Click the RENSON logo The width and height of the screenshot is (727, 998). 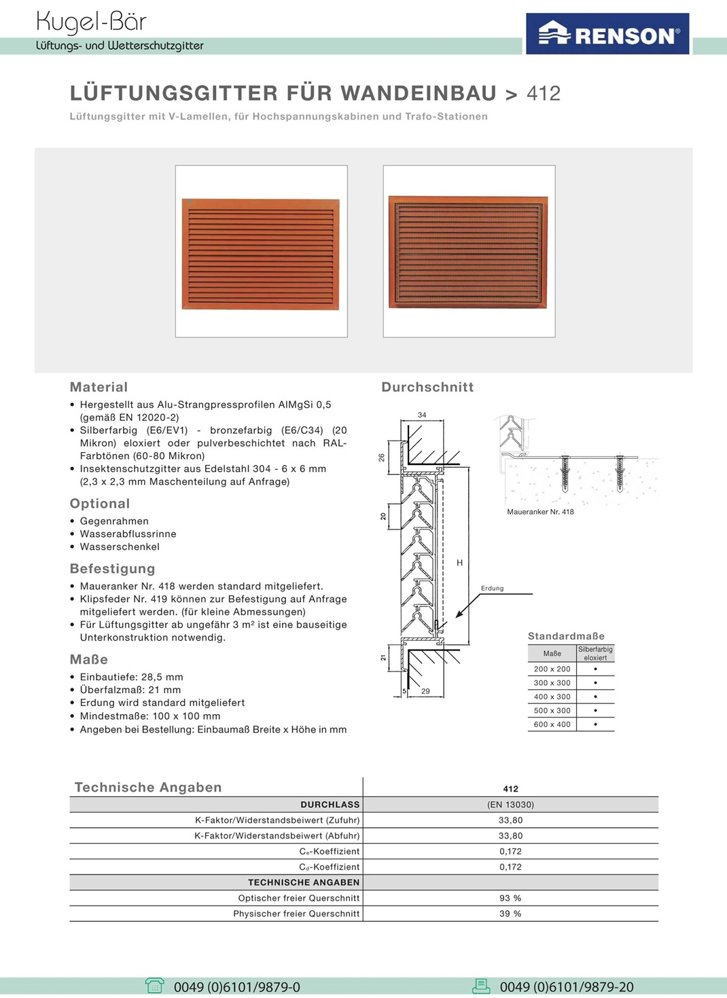tap(608, 34)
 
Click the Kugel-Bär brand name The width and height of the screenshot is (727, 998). tap(91, 22)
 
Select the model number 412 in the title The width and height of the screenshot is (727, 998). tap(544, 93)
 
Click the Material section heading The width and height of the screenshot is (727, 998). tap(99, 387)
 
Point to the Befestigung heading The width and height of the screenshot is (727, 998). tap(112, 569)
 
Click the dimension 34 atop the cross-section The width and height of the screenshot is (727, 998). tap(422, 415)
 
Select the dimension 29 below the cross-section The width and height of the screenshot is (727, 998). tap(425, 691)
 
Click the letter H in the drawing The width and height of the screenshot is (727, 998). tap(460, 563)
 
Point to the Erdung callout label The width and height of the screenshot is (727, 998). tap(492, 589)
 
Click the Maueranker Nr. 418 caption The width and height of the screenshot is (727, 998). tap(540, 512)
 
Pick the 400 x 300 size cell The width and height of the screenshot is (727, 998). tap(552, 697)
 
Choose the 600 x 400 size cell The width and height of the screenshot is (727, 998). tap(552, 724)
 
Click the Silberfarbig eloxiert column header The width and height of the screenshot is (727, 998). tap(595, 653)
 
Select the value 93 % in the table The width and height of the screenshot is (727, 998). tap(510, 898)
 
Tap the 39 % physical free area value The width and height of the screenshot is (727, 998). tap(510, 914)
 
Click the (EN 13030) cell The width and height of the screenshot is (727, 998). tap(510, 805)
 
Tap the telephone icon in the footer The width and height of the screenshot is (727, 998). tap(155, 986)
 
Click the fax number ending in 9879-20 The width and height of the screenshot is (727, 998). tap(567, 987)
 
